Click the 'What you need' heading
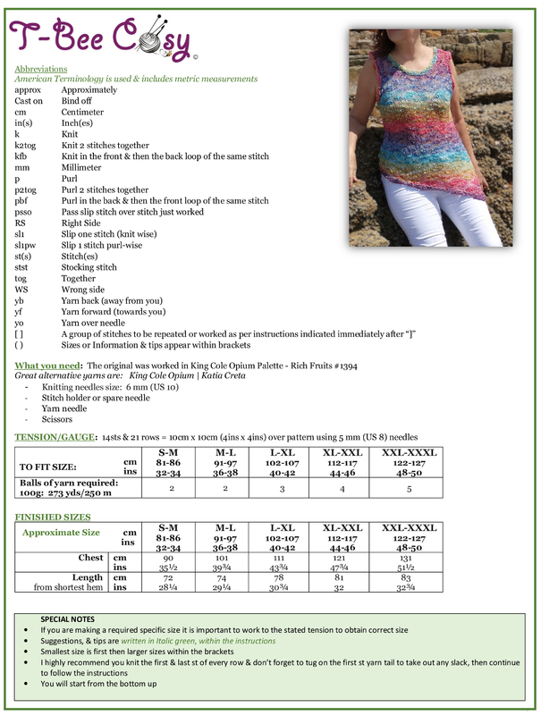(46, 366)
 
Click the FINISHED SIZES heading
(52, 517)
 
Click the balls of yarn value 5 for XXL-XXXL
(410, 489)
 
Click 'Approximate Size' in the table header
(61, 533)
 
